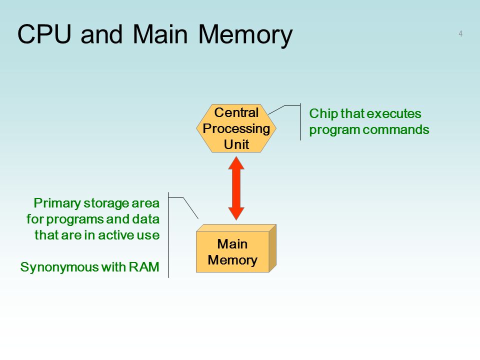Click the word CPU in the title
(x=44, y=34)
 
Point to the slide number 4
(x=460, y=33)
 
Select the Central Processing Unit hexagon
(x=236, y=128)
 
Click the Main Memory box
(x=236, y=248)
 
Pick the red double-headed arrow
(x=236, y=188)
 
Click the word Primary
(x=57, y=203)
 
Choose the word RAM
(x=144, y=267)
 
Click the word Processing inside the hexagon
(x=236, y=129)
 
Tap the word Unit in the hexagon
(x=236, y=144)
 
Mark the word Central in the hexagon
(x=236, y=112)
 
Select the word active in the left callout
(x=115, y=235)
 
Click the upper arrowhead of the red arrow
(x=236, y=163)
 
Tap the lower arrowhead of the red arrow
(x=236, y=213)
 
